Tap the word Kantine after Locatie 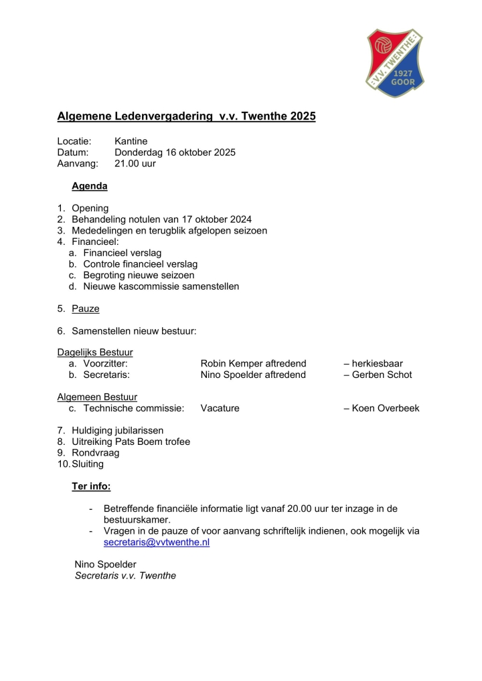(131, 141)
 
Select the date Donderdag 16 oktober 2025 (175, 153)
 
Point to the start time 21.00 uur (135, 163)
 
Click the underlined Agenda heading (90, 186)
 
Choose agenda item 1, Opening (90, 208)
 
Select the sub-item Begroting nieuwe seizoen (139, 275)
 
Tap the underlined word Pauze (86, 308)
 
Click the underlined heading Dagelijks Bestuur (95, 353)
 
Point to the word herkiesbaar (378, 364)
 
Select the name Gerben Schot (382, 375)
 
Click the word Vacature (220, 408)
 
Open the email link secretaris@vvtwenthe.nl (157, 543)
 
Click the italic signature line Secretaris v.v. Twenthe (125, 575)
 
